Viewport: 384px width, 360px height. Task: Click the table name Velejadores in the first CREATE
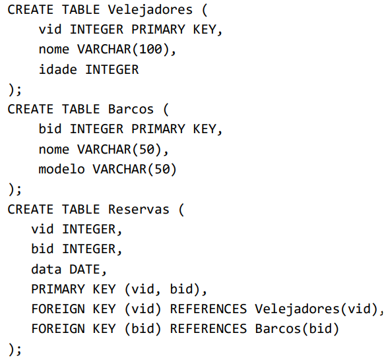tap(150, 11)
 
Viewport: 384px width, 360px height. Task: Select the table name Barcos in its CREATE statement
tap(131, 109)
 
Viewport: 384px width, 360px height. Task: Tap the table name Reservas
tap(139, 209)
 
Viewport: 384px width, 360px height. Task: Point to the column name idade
tap(58, 69)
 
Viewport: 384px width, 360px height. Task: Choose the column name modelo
tap(62, 169)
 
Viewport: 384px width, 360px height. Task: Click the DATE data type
tap(84, 269)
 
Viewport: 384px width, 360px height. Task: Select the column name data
tap(46, 269)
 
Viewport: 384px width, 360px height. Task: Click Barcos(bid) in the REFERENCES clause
tap(297, 329)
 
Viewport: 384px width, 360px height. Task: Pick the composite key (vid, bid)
tap(162, 289)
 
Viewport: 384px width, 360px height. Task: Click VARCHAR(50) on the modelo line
tap(135, 169)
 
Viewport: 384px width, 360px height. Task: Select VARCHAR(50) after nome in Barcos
tap(119, 149)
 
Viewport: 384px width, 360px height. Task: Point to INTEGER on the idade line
tap(112, 69)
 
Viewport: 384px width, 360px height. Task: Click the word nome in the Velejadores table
tap(54, 49)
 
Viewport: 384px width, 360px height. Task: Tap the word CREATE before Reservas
tap(30, 209)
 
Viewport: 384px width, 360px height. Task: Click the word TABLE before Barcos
tap(80, 109)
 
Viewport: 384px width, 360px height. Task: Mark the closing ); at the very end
tap(15, 349)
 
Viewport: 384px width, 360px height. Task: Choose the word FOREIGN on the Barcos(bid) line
tap(58, 328)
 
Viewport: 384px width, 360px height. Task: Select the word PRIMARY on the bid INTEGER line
tap(158, 129)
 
